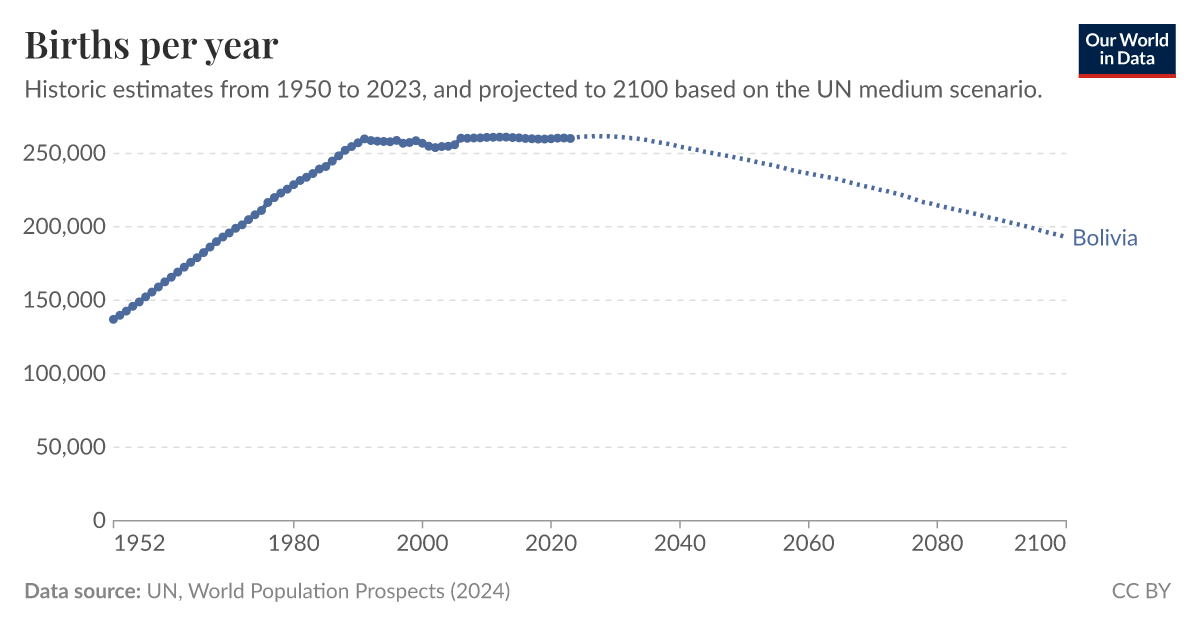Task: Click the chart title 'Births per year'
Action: coord(151,46)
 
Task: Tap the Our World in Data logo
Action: coord(1127,49)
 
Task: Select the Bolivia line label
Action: coord(1104,238)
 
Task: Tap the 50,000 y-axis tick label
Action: coord(70,447)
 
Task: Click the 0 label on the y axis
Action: coord(99,520)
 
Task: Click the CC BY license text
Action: coord(1140,591)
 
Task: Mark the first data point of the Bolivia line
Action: coord(113,319)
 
